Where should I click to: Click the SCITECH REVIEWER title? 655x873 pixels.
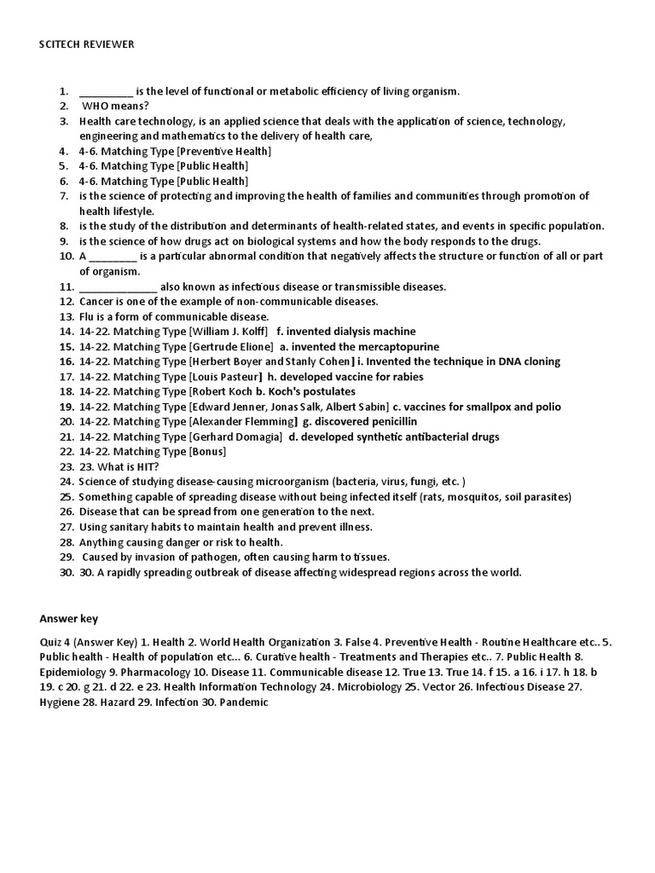pos(86,44)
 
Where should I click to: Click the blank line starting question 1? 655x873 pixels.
pos(106,91)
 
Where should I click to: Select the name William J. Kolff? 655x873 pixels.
pos(229,331)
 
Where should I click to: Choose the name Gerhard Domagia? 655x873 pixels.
pos(235,436)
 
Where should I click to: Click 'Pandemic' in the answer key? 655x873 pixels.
pos(246,702)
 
